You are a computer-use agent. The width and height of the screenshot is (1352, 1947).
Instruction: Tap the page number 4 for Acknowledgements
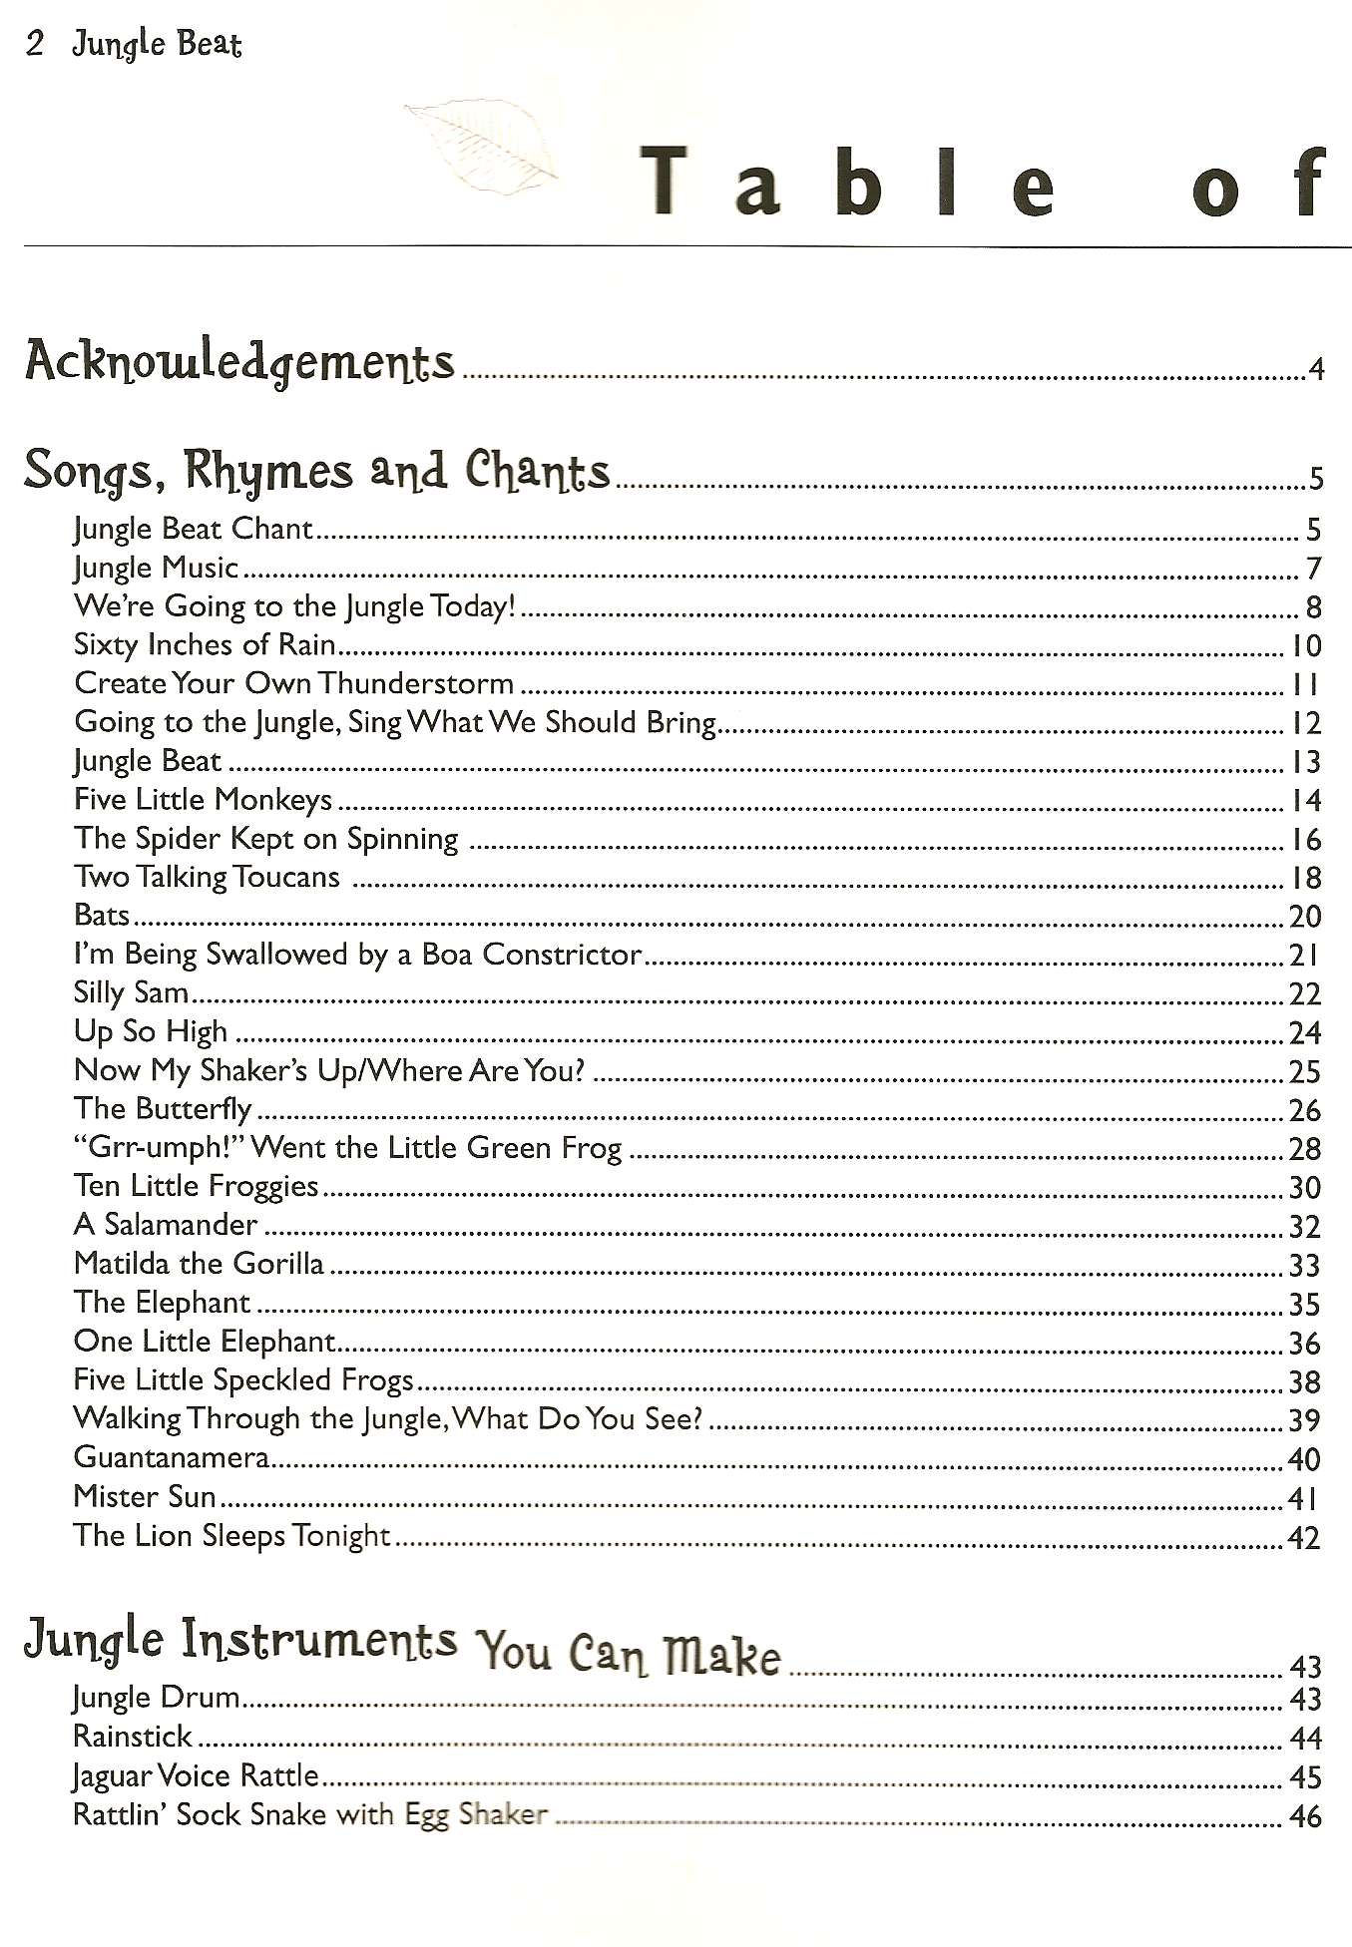(1316, 371)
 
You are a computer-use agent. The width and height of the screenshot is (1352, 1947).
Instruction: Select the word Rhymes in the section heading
(267, 472)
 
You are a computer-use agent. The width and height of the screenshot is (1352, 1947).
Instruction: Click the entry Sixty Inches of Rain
(205, 645)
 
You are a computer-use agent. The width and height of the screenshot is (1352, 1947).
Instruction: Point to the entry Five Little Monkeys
(203, 800)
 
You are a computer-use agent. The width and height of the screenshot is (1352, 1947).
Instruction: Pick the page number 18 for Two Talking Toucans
(1305, 879)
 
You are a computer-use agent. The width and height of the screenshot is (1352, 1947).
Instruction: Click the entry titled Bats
(102, 916)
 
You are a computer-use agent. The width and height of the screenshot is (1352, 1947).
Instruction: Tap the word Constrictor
(562, 955)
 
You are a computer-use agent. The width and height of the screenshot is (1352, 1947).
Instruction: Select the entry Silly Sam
(131, 993)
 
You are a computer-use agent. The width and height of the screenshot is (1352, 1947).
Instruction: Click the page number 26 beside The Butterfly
(1305, 1111)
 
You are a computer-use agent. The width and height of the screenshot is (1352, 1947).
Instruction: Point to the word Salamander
(181, 1225)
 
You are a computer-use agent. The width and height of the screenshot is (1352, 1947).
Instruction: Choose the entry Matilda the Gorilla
(199, 1265)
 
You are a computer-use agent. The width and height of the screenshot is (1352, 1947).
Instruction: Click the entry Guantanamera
(172, 1458)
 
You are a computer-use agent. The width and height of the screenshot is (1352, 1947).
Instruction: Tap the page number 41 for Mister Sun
(1303, 1499)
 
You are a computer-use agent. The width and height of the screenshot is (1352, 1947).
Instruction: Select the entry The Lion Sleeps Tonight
(231, 1536)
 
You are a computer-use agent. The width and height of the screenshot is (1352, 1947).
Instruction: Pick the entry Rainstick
(132, 1738)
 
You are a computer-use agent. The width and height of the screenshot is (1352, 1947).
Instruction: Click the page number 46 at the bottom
(1305, 1816)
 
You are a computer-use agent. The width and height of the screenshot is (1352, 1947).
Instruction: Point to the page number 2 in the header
(35, 45)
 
